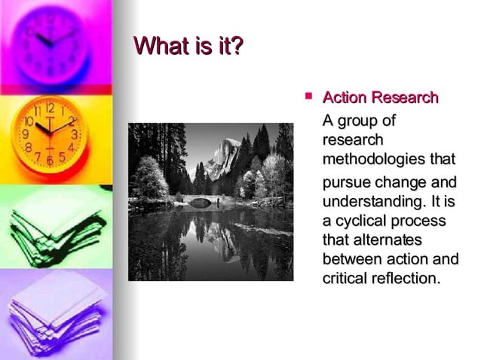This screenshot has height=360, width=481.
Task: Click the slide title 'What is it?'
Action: (x=188, y=47)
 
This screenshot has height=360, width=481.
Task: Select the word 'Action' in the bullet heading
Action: (x=343, y=98)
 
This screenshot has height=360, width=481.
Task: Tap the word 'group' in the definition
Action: (x=366, y=121)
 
